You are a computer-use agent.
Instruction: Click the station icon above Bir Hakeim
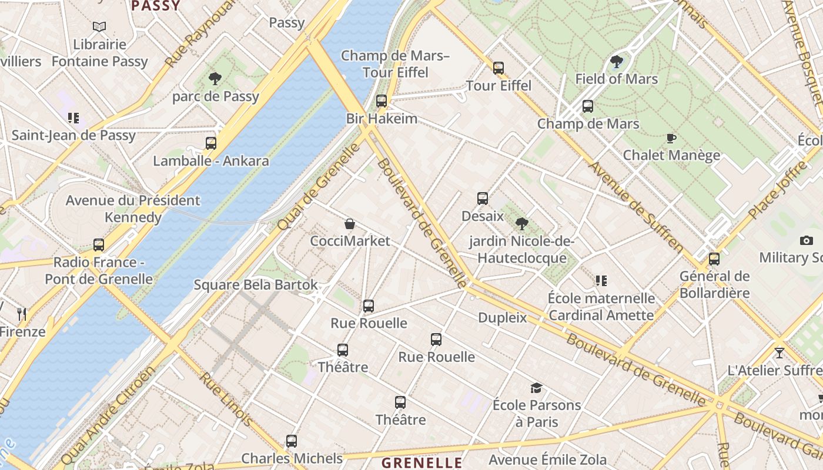pos(382,101)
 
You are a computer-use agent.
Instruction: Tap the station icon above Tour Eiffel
pos(499,68)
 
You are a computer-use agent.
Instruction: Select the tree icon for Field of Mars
pos(616,61)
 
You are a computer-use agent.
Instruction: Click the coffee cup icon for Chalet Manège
pos(671,138)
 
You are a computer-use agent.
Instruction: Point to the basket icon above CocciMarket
pos(350,224)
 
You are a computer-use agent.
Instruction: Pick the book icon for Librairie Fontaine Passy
pos(99,26)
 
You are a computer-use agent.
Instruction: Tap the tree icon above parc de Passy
pos(215,78)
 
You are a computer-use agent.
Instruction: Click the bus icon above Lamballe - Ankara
pos(210,143)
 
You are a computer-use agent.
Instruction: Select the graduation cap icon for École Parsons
pos(536,388)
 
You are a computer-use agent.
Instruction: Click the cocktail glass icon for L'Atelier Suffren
pos(779,353)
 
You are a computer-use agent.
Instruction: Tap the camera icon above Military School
pos(807,240)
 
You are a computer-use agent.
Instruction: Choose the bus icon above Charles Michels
pos(292,441)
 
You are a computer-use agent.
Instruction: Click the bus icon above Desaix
pos(483,199)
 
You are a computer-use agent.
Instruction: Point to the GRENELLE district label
pos(422,462)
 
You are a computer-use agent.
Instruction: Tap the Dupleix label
pos(502,318)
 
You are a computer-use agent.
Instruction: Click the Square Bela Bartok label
pos(256,285)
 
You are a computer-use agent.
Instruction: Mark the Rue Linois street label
pos(227,399)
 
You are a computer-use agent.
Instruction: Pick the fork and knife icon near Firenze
pos(22,314)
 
